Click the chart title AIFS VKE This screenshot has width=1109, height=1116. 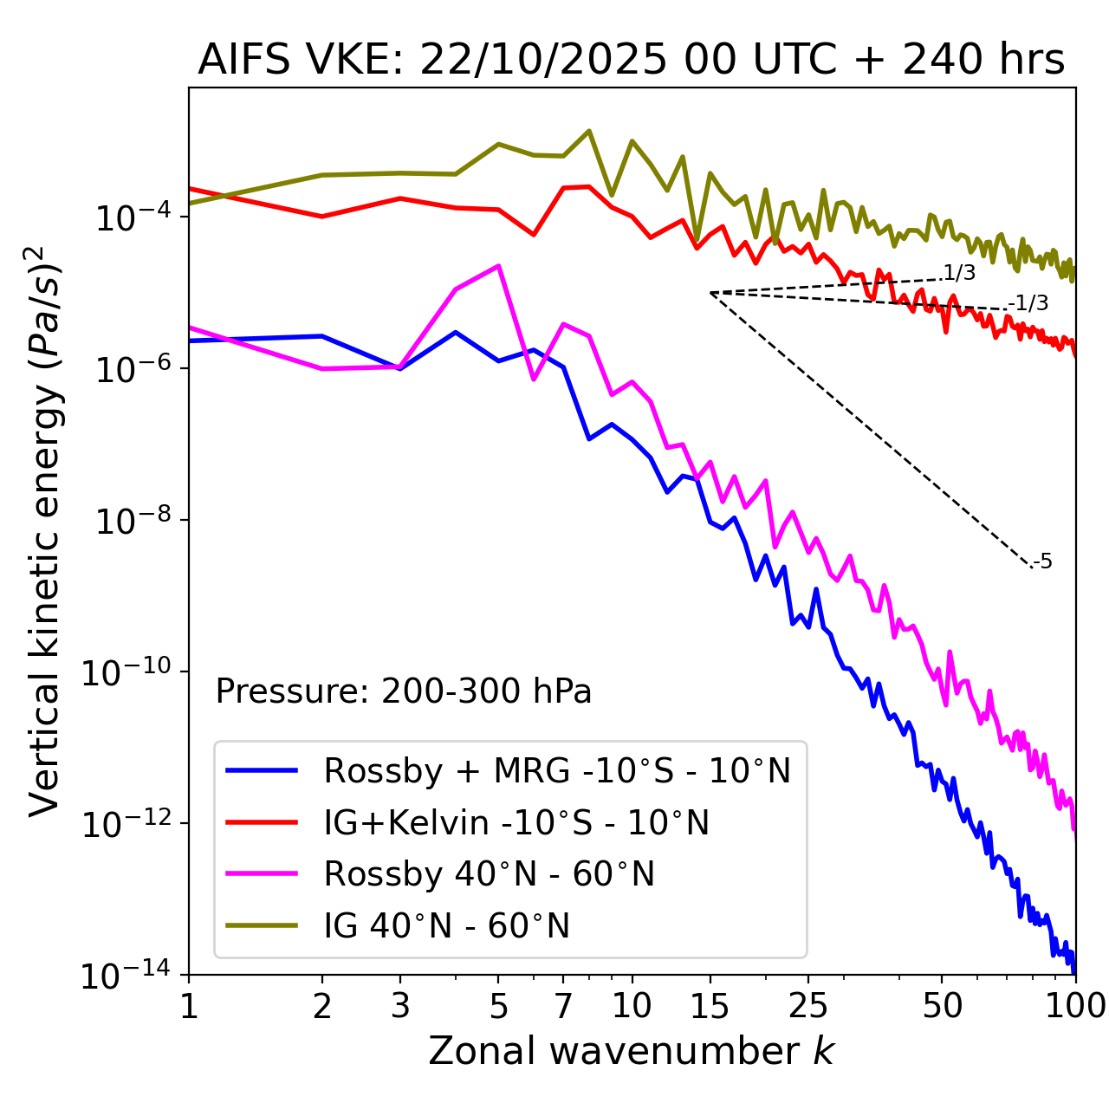631,61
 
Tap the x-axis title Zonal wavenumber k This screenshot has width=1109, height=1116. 631,1050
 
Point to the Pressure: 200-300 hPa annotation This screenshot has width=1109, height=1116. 403,691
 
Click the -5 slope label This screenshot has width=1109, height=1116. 1043,562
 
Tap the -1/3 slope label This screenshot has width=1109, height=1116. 1029,303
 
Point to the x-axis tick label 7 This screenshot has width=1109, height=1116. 563,1006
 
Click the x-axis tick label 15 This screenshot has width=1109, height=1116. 710,1006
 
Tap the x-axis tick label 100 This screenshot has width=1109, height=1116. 1074,1006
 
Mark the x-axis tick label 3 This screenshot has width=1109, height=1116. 399,1006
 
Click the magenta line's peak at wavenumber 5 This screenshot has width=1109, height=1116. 498,266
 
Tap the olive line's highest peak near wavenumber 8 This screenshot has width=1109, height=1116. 589,131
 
